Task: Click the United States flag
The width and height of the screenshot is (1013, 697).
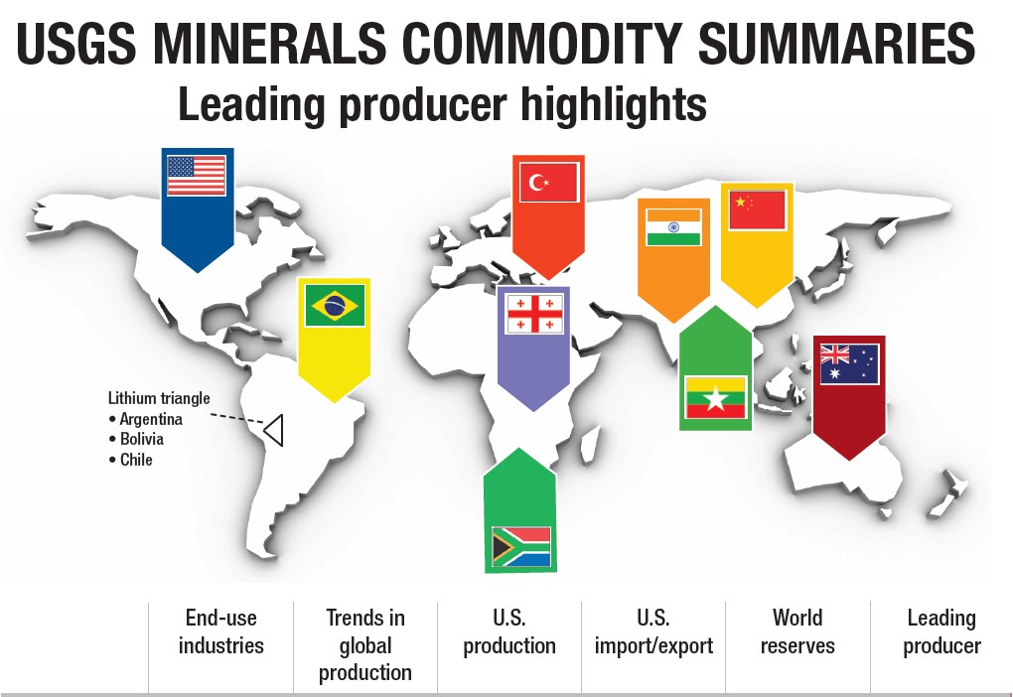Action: click(x=197, y=175)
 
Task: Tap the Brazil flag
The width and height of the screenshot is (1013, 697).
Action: click(x=335, y=305)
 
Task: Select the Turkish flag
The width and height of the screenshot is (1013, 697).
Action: click(x=549, y=182)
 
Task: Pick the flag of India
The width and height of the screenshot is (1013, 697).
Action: click(x=673, y=226)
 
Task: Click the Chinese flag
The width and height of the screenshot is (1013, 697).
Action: click(x=757, y=209)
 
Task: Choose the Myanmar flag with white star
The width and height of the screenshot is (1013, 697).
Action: click(x=715, y=396)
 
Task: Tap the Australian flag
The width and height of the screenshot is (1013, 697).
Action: click(x=849, y=363)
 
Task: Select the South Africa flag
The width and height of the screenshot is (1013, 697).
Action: click(x=521, y=546)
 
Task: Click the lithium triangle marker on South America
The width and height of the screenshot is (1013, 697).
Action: click(x=274, y=430)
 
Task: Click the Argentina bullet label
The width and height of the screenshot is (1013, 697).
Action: click(x=145, y=419)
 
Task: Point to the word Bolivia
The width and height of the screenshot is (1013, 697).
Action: click(x=141, y=439)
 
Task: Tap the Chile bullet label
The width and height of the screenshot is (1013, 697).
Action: click(x=131, y=460)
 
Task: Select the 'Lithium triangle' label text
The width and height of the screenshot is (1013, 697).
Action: click(x=159, y=398)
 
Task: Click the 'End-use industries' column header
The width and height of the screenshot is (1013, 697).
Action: click(x=220, y=631)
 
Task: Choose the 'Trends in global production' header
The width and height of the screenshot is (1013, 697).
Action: click(x=365, y=644)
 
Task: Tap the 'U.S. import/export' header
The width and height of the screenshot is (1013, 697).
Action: click(x=653, y=631)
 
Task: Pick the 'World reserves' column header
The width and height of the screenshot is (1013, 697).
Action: click(x=797, y=631)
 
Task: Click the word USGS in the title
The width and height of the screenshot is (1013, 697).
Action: click(x=76, y=43)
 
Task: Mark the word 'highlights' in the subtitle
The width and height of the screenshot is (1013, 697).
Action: click(x=614, y=104)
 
